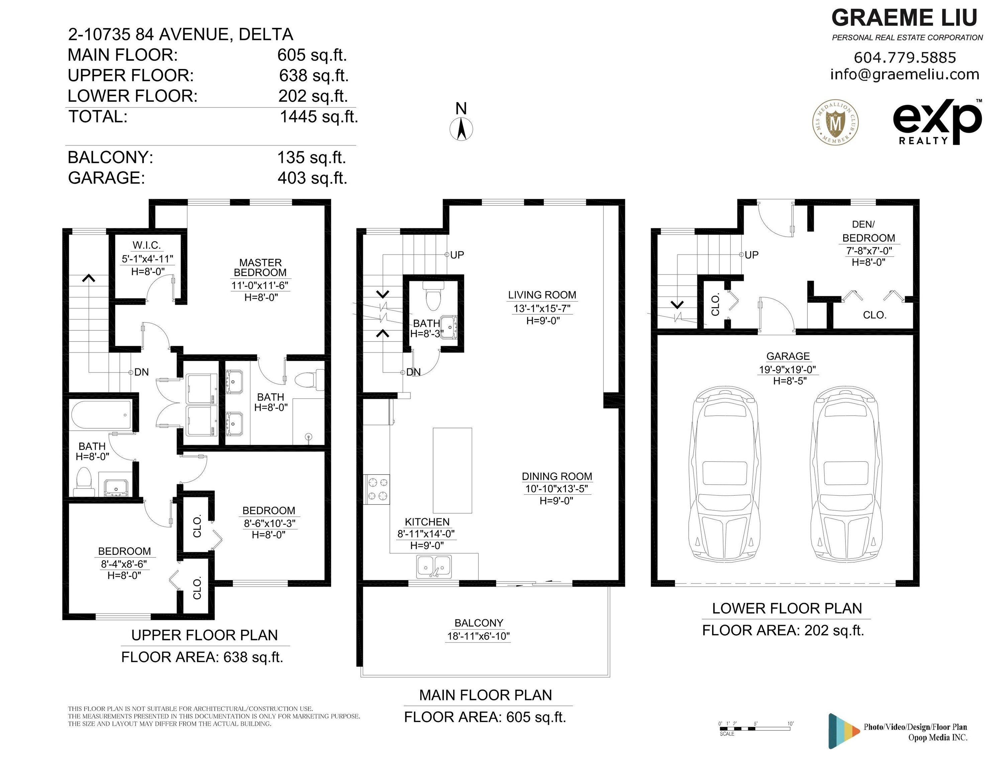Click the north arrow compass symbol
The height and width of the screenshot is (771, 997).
pos(461,129)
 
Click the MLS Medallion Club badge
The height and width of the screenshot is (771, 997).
pos(836,122)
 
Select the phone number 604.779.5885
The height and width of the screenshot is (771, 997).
pos(905,58)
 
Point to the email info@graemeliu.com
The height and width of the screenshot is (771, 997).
pos(905,74)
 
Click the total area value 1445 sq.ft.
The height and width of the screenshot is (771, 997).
pos(319,117)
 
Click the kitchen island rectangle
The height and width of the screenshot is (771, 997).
pos(452,470)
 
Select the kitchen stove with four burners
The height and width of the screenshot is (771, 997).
pos(377,489)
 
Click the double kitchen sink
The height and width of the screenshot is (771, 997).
pos(434,567)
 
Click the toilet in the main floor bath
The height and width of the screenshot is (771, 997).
pos(433,295)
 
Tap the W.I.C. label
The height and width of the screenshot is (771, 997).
pos(146,245)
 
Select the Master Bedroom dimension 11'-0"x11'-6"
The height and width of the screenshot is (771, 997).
pos(260,285)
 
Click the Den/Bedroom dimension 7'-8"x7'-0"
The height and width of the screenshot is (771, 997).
pos(866,251)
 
